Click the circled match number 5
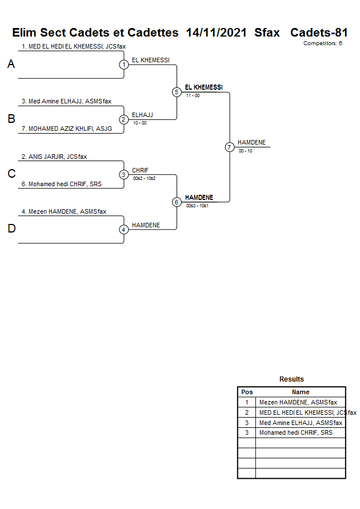pyautogui.click(x=177, y=92)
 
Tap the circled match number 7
pyautogui.click(x=229, y=147)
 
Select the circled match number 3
pyautogui.click(x=124, y=174)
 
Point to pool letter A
pyautogui.click(x=11, y=65)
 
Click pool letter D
pyautogui.click(x=11, y=229)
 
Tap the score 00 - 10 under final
pyautogui.click(x=246, y=151)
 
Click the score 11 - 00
pyautogui.click(x=193, y=95)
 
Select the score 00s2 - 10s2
pyautogui.click(x=144, y=178)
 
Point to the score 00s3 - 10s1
pyautogui.click(x=197, y=206)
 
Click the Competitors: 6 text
pyautogui.click(x=323, y=43)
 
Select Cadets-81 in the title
pyautogui.click(x=319, y=33)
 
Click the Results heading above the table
pyautogui.click(x=291, y=379)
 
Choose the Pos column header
pyautogui.click(x=247, y=392)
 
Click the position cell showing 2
pyautogui.click(x=247, y=412)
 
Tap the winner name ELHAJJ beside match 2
pyautogui.click(x=142, y=115)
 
